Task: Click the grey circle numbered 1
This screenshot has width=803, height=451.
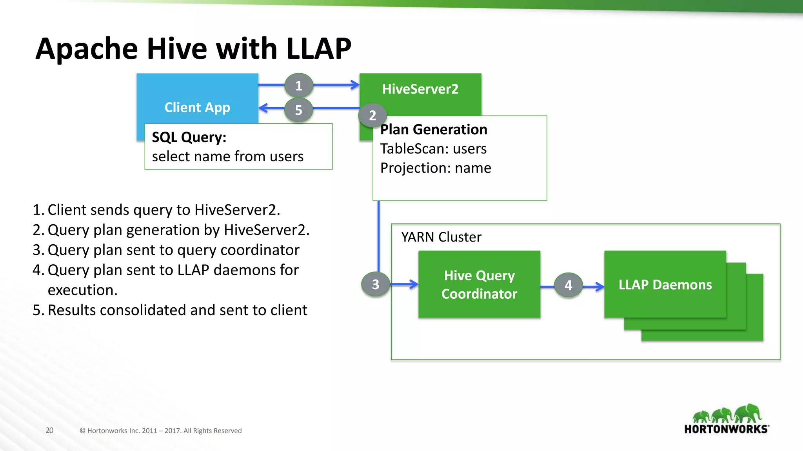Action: click(x=299, y=85)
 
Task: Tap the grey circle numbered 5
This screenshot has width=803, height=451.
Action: click(x=299, y=110)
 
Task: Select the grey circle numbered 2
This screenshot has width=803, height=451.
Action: click(x=372, y=115)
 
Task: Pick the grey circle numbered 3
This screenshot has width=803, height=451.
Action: click(x=375, y=284)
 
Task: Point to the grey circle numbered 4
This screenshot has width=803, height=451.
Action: click(x=568, y=285)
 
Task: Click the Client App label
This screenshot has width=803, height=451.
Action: click(x=197, y=107)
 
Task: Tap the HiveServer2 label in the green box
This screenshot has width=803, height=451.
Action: click(x=420, y=89)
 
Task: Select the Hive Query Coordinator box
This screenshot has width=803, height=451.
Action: click(x=479, y=285)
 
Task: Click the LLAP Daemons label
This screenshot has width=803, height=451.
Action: click(x=665, y=285)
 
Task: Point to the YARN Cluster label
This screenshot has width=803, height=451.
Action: click(x=441, y=237)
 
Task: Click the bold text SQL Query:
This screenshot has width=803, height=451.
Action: click(x=189, y=137)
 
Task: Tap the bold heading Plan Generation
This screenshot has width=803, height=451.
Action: click(x=434, y=130)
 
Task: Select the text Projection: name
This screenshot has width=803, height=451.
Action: click(x=435, y=168)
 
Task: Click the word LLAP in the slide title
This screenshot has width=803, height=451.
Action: click(x=318, y=49)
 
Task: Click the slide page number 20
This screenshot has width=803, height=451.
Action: click(x=49, y=430)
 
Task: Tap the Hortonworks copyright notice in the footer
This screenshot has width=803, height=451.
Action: click(x=160, y=431)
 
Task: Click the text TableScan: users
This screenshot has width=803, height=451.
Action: click(x=433, y=149)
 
